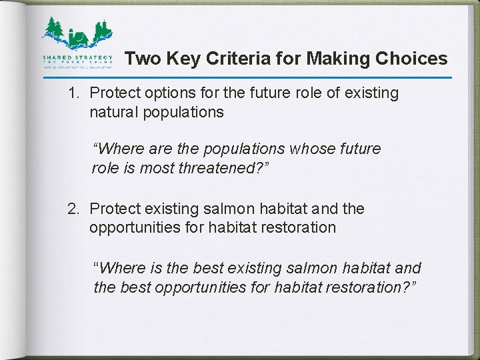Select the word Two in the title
(141, 59)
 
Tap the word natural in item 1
(115, 112)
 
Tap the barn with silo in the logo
(79, 38)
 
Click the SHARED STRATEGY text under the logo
(77, 57)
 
